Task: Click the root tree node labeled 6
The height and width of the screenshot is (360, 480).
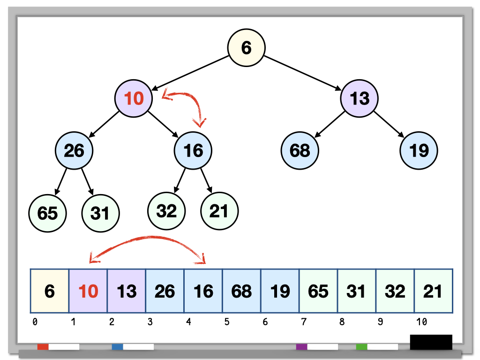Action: pos(247,47)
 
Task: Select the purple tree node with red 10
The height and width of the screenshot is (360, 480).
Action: pos(134,98)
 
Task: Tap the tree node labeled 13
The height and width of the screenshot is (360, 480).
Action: pos(359,98)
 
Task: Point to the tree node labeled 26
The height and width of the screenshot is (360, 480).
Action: pos(74,150)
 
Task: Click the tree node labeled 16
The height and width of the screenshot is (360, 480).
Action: pos(193,150)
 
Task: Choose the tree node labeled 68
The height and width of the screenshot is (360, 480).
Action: pos(300,150)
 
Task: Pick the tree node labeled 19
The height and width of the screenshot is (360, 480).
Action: pos(419,150)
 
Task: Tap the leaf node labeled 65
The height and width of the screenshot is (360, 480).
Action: pos(47,213)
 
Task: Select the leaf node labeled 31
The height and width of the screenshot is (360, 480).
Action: pos(100,213)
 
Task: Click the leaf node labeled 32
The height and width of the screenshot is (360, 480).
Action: pos(166,211)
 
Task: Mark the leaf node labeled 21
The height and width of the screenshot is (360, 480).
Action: pos(219,211)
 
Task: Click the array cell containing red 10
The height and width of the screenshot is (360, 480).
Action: pos(88,291)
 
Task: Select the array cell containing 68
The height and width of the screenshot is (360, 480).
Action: pos(241,291)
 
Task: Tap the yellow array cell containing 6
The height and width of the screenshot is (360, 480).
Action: pos(50,291)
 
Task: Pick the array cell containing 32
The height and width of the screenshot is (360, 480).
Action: pos(395,291)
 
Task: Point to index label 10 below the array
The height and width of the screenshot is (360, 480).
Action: pos(421,322)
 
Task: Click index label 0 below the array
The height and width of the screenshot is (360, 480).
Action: pos(35,322)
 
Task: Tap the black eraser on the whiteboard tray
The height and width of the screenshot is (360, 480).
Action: pos(431,342)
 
